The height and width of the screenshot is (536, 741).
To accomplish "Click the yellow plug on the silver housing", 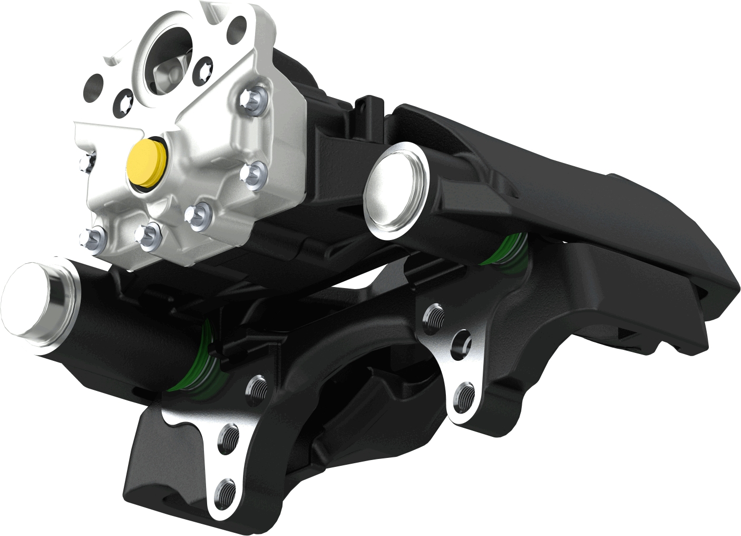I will [x=147, y=162].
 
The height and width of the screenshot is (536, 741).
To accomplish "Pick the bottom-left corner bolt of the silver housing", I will [x=92, y=238].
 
